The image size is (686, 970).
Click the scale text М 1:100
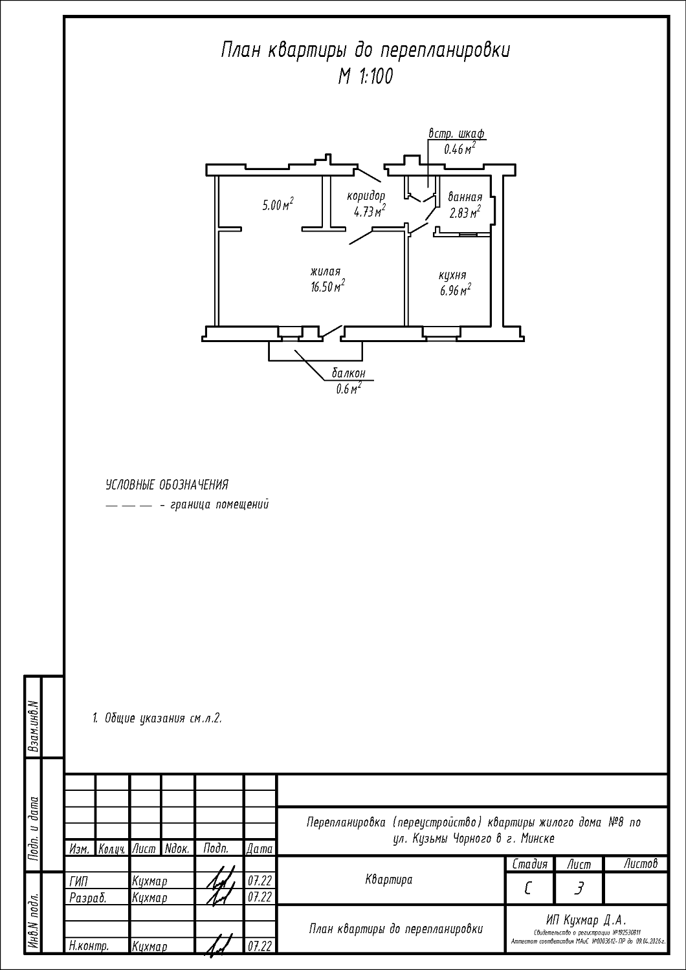pos(365,77)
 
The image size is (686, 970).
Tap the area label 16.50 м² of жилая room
pos(327,287)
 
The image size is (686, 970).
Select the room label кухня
pos(452,275)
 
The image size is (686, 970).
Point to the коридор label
pos(366,195)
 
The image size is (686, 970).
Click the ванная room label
pos(465,197)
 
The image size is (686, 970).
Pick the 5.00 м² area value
pos(278,206)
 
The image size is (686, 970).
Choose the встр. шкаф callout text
pos(456,134)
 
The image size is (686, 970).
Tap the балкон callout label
pos(349,373)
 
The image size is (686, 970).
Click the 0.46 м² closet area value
pos(459,149)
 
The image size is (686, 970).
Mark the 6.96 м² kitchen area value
pos(455,290)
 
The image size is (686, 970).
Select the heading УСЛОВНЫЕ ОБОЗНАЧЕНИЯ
pos(167,484)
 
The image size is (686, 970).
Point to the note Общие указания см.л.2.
pos(157,718)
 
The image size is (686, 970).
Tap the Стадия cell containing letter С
pos(529,889)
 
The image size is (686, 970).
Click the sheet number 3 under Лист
pos(578,889)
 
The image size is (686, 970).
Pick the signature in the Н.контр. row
pos(219,946)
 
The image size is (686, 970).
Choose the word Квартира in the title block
pos(388,879)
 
